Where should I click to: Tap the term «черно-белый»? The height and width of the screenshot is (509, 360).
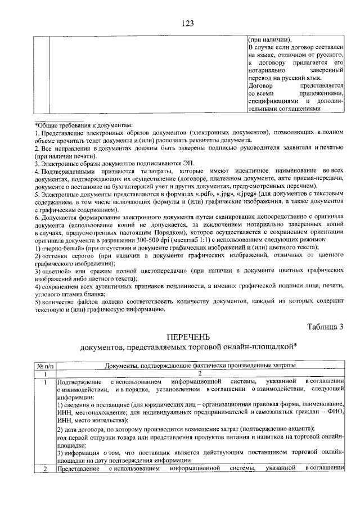(x=62, y=247)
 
